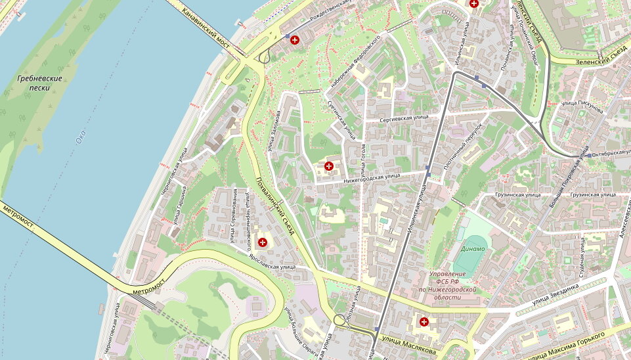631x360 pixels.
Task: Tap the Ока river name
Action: [81, 136]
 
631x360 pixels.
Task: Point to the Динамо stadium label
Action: [472, 249]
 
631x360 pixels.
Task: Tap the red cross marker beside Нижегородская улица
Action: [328, 166]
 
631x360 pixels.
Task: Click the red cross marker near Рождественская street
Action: [294, 41]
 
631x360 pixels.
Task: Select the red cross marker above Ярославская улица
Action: [263, 242]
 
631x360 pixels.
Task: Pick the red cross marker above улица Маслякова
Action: [424, 322]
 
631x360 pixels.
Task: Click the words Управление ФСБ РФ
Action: [453, 274]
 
